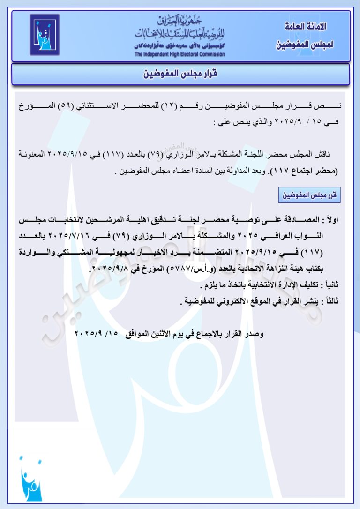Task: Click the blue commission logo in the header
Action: tap(45, 34)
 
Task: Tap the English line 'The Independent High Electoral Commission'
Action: tap(180, 54)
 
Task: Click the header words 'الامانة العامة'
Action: tap(305, 27)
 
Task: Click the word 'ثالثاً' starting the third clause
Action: tap(332, 301)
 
